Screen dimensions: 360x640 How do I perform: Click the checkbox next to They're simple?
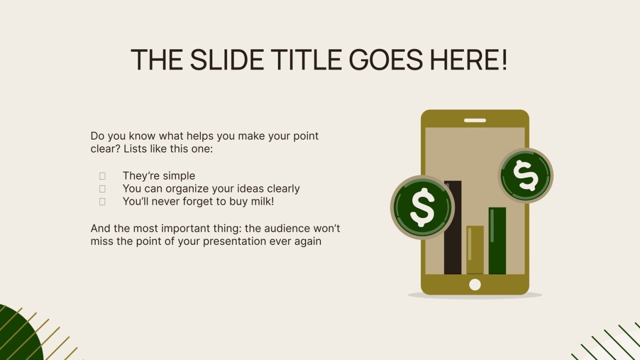pos(102,176)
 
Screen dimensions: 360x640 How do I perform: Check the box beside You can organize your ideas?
pos(102,189)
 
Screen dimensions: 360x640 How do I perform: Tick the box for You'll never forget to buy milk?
pos(102,202)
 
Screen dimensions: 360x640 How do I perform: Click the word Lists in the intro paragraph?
pos(137,149)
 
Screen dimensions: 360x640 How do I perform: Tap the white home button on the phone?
pos(475,284)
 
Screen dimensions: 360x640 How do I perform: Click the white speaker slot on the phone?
pos(475,120)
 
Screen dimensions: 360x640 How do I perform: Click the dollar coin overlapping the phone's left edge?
pos(422,207)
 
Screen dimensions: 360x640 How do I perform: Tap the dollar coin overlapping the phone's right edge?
pos(525,175)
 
